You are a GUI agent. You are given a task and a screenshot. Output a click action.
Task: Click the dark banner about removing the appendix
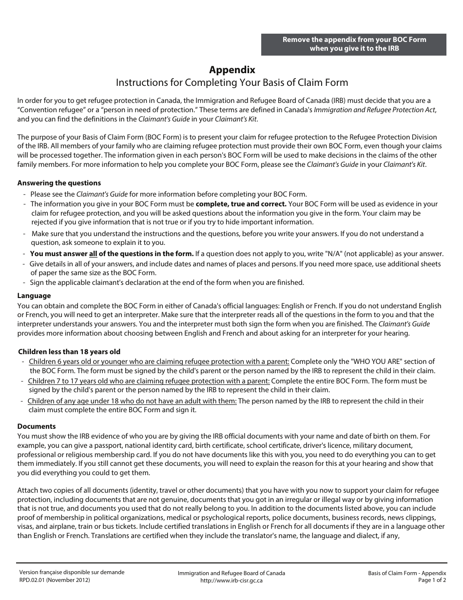pos(354,44)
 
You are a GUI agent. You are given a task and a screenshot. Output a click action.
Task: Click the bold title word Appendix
pos(232,70)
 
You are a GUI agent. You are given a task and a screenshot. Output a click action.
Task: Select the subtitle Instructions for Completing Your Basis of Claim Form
pos(231,82)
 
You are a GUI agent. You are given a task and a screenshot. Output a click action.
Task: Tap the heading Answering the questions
pos(59,183)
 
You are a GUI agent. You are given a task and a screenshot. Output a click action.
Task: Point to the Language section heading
pos(34,296)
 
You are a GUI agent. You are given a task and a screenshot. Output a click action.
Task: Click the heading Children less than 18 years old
pos(69,352)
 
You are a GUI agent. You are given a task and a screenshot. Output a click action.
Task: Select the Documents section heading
pos(37,426)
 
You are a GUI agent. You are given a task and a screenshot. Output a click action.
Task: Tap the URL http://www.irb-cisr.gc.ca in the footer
pos(231,580)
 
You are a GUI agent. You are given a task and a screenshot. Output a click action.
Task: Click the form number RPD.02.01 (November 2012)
pos(55,580)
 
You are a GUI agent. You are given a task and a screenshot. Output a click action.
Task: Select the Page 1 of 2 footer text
pos(432,580)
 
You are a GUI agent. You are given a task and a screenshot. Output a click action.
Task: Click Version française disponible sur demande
pos(72,572)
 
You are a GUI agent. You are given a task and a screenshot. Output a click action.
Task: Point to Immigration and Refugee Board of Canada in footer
pos(231,573)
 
